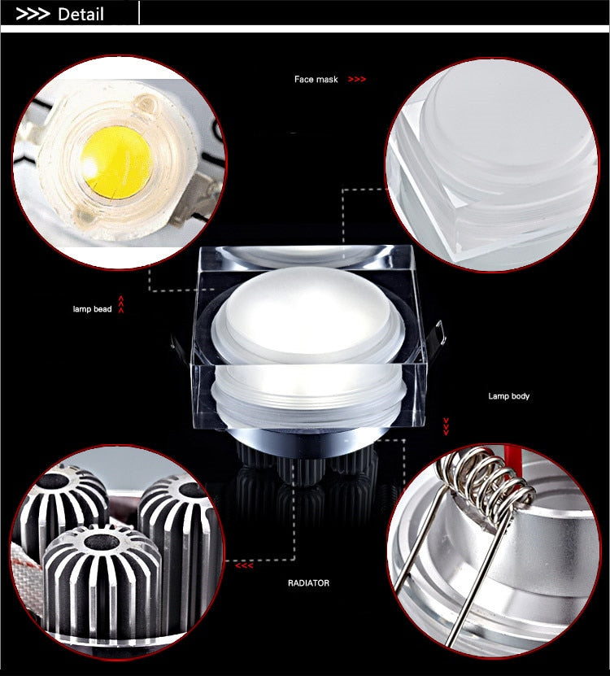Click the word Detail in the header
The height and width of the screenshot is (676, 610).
click(x=81, y=14)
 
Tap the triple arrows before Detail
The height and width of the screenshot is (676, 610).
click(x=33, y=14)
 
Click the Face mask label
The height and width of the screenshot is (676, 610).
click(x=316, y=80)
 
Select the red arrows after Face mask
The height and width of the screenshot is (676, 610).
click(x=356, y=80)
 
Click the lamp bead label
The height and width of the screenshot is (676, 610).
click(x=91, y=309)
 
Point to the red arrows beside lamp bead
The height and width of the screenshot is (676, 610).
click(x=121, y=305)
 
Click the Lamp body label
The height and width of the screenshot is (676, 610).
click(x=508, y=396)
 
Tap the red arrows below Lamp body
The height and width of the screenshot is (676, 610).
click(x=445, y=425)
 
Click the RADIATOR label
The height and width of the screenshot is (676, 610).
click(x=308, y=583)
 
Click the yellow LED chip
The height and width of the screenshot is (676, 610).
click(x=117, y=160)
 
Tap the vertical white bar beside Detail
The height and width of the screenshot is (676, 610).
click(x=140, y=13)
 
